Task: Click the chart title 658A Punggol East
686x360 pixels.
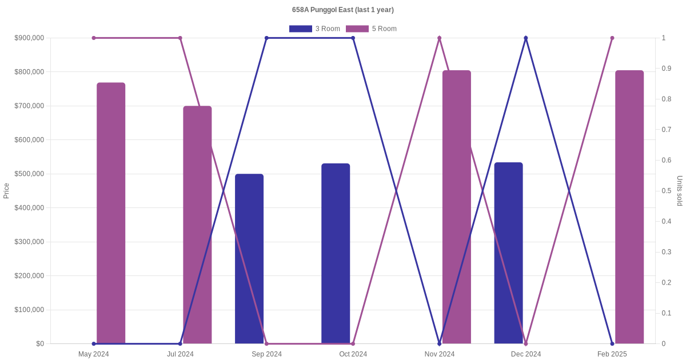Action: click(x=342, y=10)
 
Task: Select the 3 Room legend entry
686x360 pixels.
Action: click(x=314, y=29)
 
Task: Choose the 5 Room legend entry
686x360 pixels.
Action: click(x=371, y=29)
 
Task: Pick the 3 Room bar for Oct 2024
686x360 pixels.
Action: click(x=336, y=254)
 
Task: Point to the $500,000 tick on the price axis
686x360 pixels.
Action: click(x=29, y=174)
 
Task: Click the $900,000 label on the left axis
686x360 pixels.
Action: click(x=29, y=38)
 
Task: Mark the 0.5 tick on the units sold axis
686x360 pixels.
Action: click(x=667, y=191)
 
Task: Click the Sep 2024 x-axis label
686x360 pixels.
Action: click(x=266, y=354)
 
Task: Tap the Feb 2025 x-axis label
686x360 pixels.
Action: click(x=612, y=354)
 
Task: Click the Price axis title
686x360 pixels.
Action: click(x=6, y=191)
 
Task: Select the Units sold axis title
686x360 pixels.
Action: click(x=680, y=191)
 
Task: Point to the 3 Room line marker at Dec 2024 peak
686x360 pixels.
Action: click(x=526, y=38)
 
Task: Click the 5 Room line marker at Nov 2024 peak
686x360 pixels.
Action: click(x=440, y=38)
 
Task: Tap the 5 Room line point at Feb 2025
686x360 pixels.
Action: click(x=612, y=38)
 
